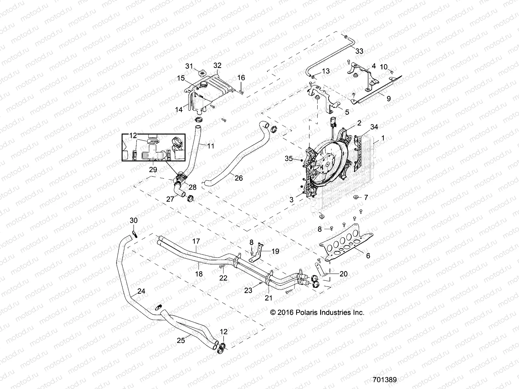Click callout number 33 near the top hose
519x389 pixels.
point(359,51)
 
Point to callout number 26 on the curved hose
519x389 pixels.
point(238,178)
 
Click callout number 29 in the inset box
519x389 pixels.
point(153,169)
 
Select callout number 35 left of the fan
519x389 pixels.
point(289,159)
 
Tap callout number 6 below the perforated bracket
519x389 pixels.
point(368,255)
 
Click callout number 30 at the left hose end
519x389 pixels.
point(134,220)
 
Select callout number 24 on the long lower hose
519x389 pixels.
point(141,291)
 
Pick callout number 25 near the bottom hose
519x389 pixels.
point(181,340)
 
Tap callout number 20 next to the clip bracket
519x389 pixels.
point(343,274)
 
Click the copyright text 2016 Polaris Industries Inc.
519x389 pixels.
point(317,312)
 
